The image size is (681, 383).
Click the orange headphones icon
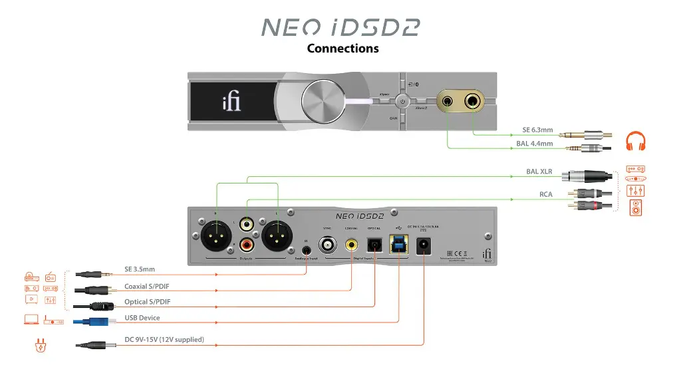point(636,141)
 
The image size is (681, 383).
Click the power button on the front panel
point(402,102)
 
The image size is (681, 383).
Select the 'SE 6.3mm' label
point(538,130)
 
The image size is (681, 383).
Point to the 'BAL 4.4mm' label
point(535,143)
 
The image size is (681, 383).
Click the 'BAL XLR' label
point(539,172)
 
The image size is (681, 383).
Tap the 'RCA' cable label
point(546,195)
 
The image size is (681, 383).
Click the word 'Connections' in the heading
point(342,48)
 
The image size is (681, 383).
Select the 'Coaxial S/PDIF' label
point(149,287)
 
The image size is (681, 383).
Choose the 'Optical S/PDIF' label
point(148,302)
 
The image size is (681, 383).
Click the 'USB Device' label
point(142,318)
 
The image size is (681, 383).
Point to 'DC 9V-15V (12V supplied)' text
point(164,340)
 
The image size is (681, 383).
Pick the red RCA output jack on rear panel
point(247,245)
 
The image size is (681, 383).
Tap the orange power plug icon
point(38,344)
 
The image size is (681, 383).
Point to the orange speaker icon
point(636,208)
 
